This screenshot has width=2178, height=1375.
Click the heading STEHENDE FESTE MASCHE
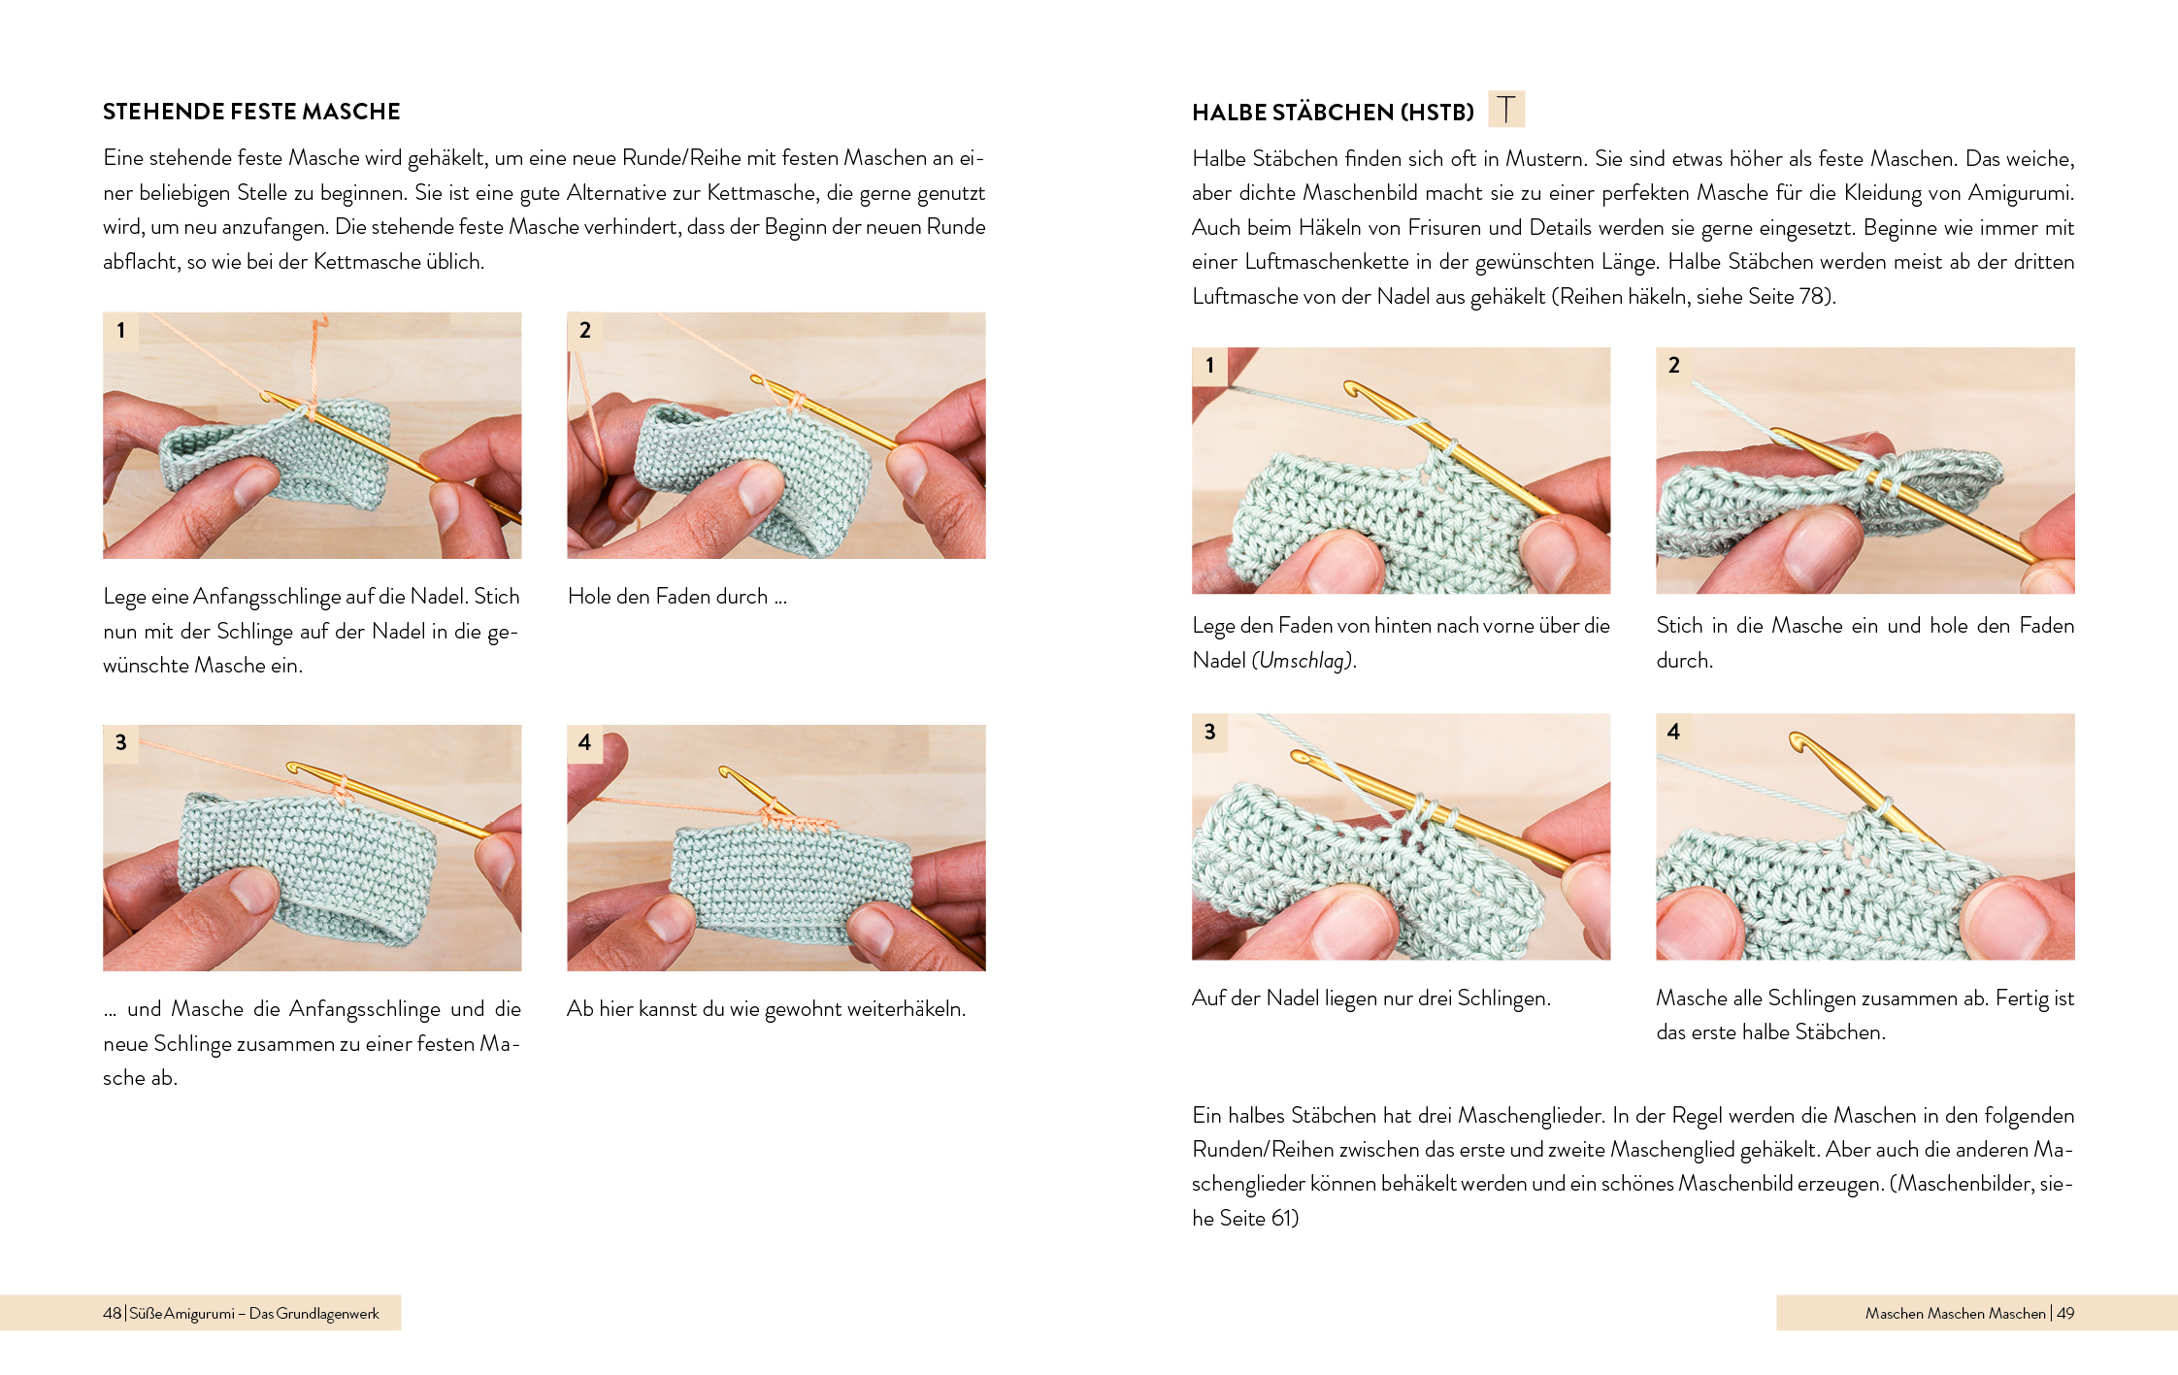tap(251, 112)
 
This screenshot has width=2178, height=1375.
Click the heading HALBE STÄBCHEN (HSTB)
tap(1333, 113)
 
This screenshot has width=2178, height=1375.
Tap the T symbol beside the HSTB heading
tap(1506, 109)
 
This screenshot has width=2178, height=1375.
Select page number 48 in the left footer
tap(112, 1313)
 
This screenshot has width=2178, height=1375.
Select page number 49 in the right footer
tap(2065, 1313)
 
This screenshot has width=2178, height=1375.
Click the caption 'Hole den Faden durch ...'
tap(677, 596)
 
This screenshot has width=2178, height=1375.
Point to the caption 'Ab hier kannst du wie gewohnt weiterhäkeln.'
tap(767, 1009)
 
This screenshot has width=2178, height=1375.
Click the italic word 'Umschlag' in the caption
tap(1301, 660)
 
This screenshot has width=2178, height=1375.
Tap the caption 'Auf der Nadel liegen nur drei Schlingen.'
tap(1371, 998)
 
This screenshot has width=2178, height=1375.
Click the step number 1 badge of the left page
tap(121, 330)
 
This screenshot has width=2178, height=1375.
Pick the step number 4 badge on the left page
tap(584, 742)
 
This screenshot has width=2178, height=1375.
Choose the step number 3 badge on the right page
tap(1209, 732)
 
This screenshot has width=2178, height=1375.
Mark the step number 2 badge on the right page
tap(1673, 365)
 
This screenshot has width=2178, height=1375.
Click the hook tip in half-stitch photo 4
tap(1794, 738)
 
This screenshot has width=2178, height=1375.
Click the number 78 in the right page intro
tap(1811, 296)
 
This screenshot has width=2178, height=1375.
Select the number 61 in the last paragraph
tap(1282, 1218)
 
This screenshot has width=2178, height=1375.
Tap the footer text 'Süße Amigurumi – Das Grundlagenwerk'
tap(254, 1313)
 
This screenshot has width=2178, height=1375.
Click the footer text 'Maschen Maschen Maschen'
tap(1955, 1313)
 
